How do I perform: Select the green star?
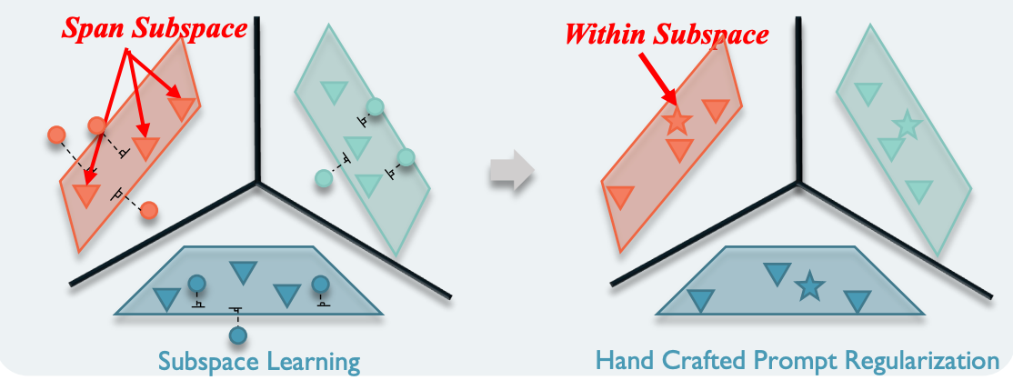[906, 125]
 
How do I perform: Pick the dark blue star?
[808, 287]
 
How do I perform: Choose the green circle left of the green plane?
[323, 178]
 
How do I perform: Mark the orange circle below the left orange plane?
[149, 210]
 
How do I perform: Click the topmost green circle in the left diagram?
[375, 107]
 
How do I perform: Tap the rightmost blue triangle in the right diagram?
[857, 301]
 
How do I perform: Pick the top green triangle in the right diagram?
[868, 93]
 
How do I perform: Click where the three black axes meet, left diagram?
[258, 183]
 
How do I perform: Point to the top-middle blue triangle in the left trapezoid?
[242, 272]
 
